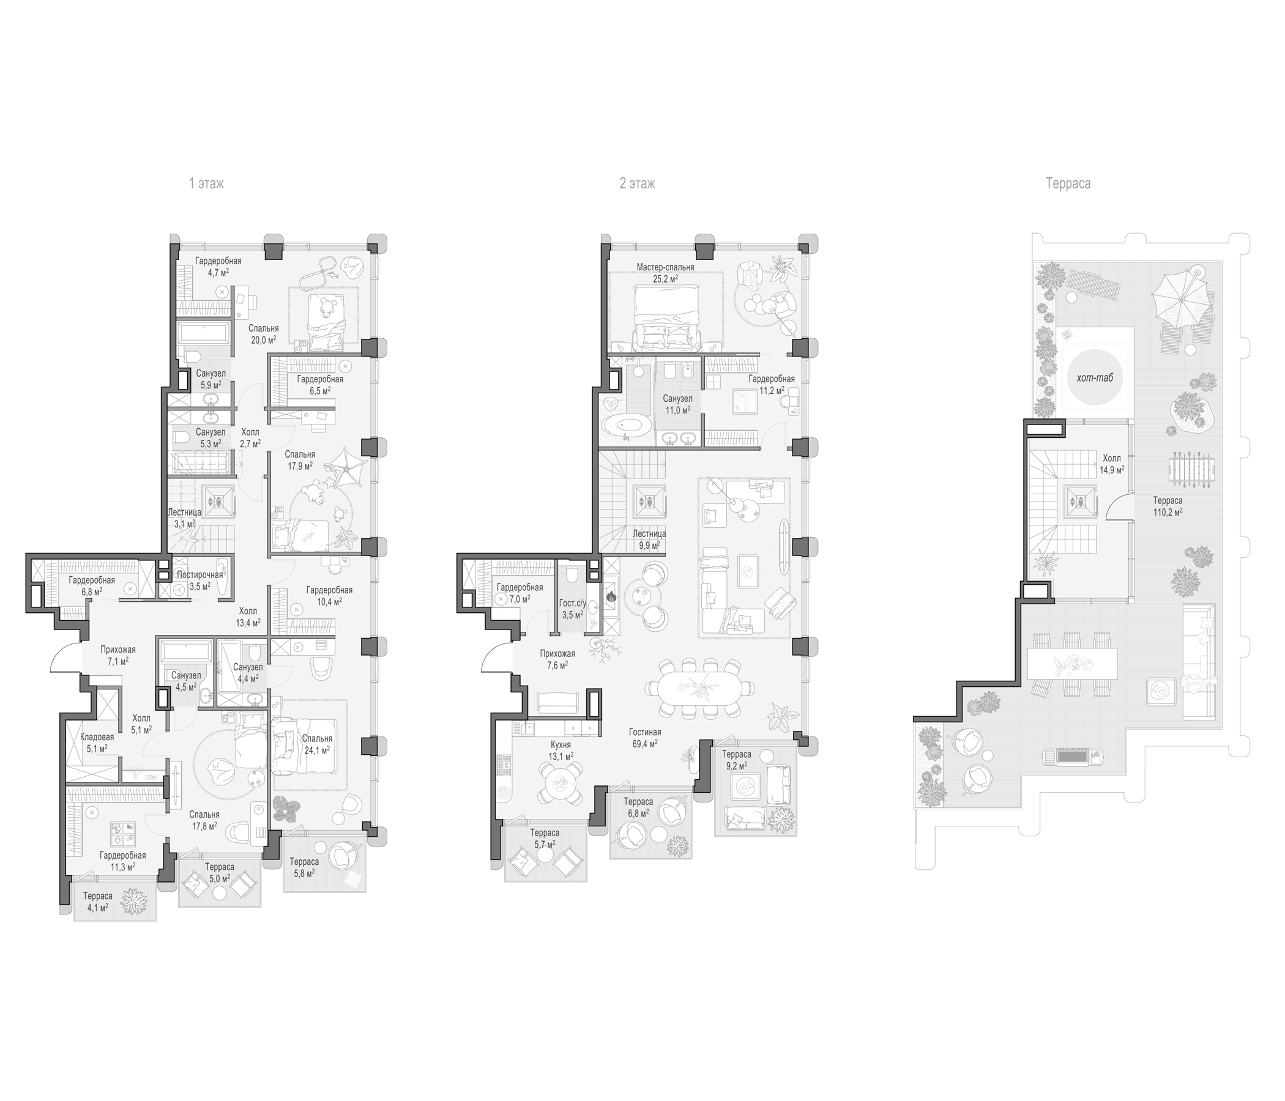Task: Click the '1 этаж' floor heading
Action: pyautogui.click(x=207, y=183)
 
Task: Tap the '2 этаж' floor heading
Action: pyautogui.click(x=637, y=183)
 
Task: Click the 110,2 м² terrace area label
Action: pyautogui.click(x=1168, y=513)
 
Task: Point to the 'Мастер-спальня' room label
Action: pyautogui.click(x=665, y=267)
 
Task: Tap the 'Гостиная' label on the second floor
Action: pyautogui.click(x=645, y=732)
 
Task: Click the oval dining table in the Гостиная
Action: pyautogui.click(x=700, y=688)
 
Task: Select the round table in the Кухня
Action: pyautogui.click(x=560, y=785)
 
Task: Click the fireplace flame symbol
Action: pyautogui.click(x=610, y=597)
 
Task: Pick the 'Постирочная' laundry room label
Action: pyautogui.click(x=199, y=575)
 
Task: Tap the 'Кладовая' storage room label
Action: pyautogui.click(x=97, y=737)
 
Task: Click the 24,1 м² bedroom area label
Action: pyautogui.click(x=316, y=749)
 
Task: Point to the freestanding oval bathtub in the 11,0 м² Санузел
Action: pyautogui.click(x=626, y=427)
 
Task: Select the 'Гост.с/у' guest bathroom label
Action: pyautogui.click(x=572, y=602)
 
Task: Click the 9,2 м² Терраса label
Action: pyautogui.click(x=737, y=766)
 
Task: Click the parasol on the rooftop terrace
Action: pyautogui.click(x=1181, y=299)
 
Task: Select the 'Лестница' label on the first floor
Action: pyautogui.click(x=184, y=513)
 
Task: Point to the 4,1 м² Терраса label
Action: pyautogui.click(x=97, y=907)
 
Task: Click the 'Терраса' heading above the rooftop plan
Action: pyautogui.click(x=1068, y=183)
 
